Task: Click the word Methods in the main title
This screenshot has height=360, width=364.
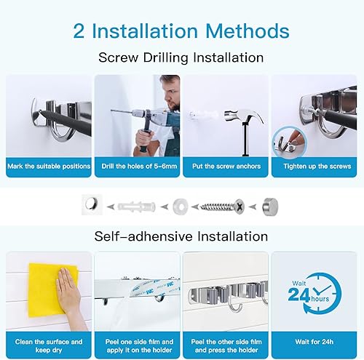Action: pyautogui.click(x=248, y=31)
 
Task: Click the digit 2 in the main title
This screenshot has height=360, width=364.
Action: pyautogui.click(x=79, y=31)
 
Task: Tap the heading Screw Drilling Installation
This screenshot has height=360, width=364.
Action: pyautogui.click(x=181, y=58)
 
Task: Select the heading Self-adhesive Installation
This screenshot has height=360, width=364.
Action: pyautogui.click(x=181, y=236)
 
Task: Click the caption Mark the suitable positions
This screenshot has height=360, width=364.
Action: pyautogui.click(x=49, y=167)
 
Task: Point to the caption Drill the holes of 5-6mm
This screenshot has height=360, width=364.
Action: pyautogui.click(x=139, y=167)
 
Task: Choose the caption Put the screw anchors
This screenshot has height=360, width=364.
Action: pyautogui.click(x=226, y=167)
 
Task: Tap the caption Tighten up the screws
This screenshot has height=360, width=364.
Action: pyautogui.click(x=317, y=167)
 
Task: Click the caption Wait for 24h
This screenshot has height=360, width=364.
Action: pyautogui.click(x=314, y=342)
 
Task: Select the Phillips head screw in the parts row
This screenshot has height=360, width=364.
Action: pyautogui.click(x=222, y=207)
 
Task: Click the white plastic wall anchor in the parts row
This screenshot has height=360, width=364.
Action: pyautogui.click(x=136, y=207)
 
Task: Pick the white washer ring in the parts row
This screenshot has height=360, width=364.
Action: pyautogui.click(x=181, y=207)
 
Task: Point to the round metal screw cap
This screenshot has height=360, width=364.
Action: pyautogui.click(x=270, y=207)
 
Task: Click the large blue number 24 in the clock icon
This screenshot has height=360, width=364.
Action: pyautogui.click(x=298, y=295)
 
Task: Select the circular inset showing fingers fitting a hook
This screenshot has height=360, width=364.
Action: pyautogui.click(x=290, y=143)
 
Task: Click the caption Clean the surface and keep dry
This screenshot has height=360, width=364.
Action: pyautogui.click(x=49, y=346)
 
